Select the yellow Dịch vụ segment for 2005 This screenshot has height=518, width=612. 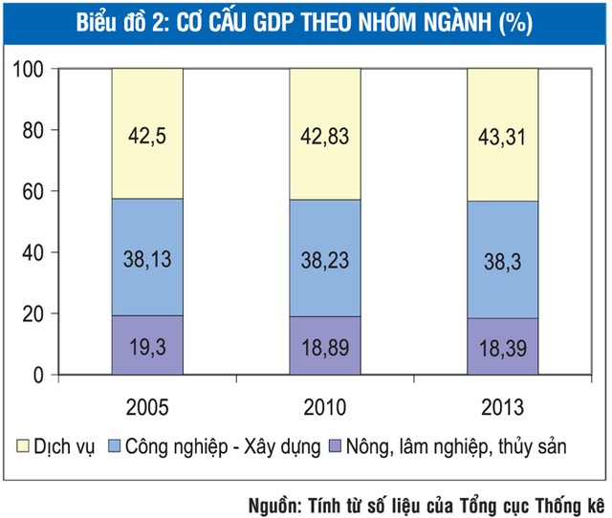(x=147, y=133)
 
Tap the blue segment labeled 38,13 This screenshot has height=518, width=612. (x=147, y=256)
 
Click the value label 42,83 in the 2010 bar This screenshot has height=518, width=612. (x=325, y=134)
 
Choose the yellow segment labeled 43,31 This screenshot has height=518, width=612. (x=502, y=133)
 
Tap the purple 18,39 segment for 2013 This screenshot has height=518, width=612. (x=502, y=346)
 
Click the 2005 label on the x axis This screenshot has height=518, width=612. (x=147, y=407)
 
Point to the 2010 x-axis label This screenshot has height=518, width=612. (x=325, y=407)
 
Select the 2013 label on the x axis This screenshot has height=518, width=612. (x=502, y=407)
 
